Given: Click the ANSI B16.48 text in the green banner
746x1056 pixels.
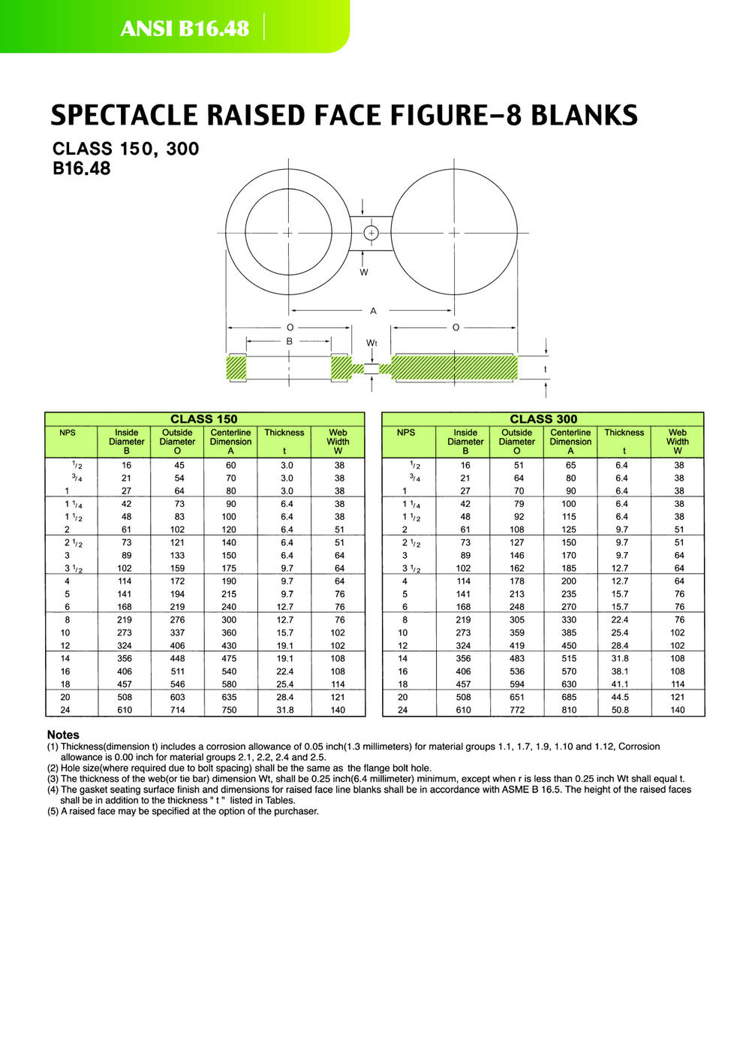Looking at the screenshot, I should click(x=185, y=29).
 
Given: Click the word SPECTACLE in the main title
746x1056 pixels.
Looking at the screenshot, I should click(x=123, y=116).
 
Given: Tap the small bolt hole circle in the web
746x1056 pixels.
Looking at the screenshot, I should click(x=371, y=233).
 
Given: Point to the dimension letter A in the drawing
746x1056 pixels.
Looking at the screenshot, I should click(x=373, y=311).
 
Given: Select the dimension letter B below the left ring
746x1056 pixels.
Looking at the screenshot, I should click(x=290, y=341).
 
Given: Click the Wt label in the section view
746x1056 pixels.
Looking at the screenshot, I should click(x=371, y=342).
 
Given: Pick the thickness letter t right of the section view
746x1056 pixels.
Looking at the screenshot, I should click(x=546, y=369).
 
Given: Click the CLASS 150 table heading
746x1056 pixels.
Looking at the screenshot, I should click(x=204, y=419).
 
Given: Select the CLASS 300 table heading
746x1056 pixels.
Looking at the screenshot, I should click(x=543, y=419).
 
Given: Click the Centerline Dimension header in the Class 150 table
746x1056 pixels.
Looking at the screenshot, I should click(x=230, y=442).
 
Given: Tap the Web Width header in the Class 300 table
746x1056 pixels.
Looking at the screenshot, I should click(x=677, y=442).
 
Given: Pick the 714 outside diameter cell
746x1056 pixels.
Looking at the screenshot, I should click(x=177, y=710).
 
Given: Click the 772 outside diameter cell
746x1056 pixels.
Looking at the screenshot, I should click(x=517, y=710).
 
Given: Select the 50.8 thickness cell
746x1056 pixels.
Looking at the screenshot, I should click(x=620, y=710).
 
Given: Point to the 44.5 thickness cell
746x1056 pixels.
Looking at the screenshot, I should click(x=620, y=697).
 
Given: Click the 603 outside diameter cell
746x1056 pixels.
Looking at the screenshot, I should click(x=177, y=697).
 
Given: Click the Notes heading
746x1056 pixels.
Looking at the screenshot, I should click(x=63, y=735).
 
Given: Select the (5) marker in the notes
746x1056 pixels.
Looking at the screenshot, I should click(x=53, y=811).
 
